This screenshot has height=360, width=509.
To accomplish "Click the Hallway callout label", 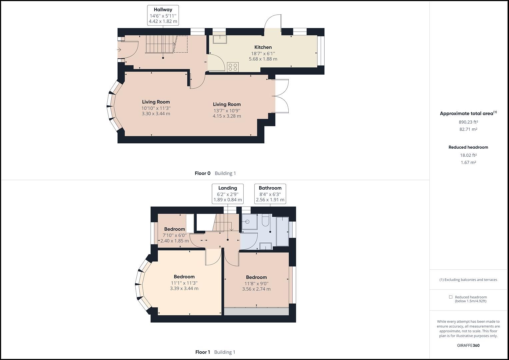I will pos(163,10).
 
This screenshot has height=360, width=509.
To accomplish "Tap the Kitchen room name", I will pos(263,47).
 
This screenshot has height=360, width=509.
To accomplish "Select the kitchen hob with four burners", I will pos(233,67).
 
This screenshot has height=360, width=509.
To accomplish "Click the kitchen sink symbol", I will pos(220,39).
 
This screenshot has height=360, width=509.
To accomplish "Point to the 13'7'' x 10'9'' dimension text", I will pos(227,110).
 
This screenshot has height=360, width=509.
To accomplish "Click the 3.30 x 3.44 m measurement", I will pos(156,114).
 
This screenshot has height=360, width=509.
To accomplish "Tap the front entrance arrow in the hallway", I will pos(119,50).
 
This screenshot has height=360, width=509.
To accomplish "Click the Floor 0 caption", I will pos(203,173).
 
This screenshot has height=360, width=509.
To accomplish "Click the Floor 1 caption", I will pos(203,352).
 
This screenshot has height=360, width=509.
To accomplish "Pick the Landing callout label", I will pos(228,188).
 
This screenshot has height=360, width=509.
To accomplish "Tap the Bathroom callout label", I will pos(270,188).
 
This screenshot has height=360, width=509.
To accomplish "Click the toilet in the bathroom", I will pos(266,221).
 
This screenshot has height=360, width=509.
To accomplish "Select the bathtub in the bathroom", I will pos(282,231).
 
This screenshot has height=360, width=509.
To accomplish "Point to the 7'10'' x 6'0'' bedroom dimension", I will pos(174,235).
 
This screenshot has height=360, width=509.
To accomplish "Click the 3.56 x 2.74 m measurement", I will pos(256,289).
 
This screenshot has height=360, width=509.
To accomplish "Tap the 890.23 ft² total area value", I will pos(468,122).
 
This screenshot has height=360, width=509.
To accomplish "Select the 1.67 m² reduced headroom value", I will pos(468,163).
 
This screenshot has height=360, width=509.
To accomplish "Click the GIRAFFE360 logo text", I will pos(468,345).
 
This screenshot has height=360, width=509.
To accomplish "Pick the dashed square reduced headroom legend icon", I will pos(451,297).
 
